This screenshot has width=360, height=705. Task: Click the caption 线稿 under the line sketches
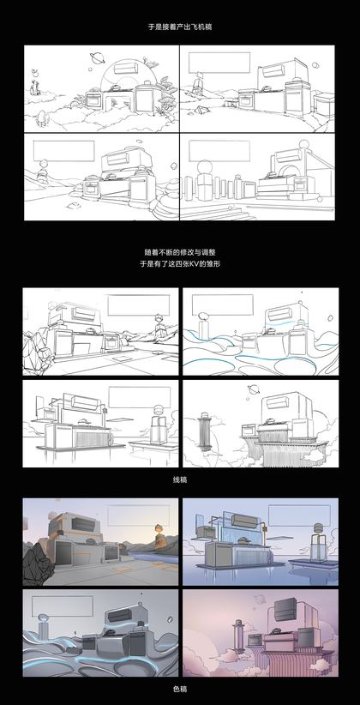point(180,479)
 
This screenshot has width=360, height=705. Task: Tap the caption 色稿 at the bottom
point(180,689)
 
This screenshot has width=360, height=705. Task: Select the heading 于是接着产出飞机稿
point(180,27)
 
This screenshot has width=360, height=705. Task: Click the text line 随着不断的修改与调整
point(180,253)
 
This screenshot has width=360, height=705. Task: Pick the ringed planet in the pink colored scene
point(260,599)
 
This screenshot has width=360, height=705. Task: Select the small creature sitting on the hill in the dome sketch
point(33,87)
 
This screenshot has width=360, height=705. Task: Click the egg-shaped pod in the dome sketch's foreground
point(42,117)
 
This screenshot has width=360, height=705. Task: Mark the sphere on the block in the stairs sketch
point(205,166)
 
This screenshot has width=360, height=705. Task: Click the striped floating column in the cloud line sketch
point(204,431)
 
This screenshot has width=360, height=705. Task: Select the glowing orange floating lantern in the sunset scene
point(159,527)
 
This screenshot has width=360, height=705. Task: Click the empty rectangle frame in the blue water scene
point(298,513)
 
